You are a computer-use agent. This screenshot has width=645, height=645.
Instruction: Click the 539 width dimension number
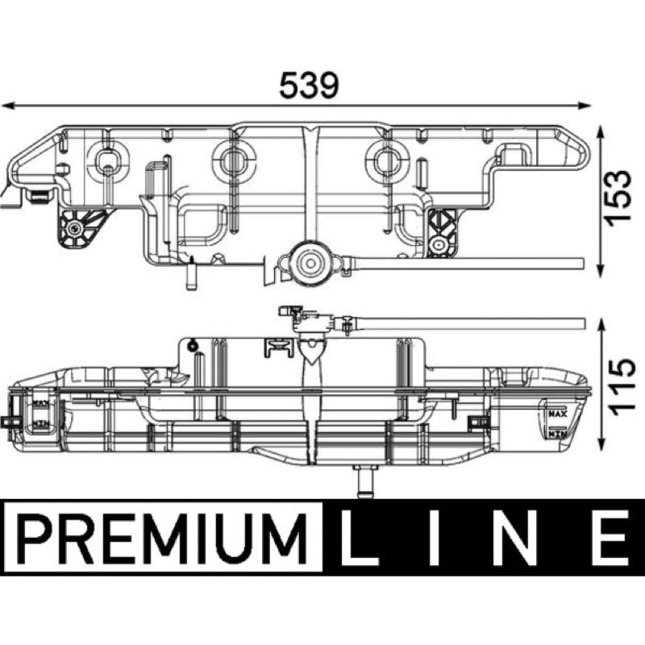coord(309,85)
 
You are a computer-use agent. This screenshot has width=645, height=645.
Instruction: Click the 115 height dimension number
coord(619,388)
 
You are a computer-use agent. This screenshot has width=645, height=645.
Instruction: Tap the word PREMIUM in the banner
coord(163,538)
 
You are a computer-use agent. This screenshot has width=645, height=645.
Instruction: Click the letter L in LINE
coord(358,538)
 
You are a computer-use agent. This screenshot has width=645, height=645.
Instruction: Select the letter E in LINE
coord(610,538)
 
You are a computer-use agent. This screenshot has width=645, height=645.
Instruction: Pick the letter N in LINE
coord(517,538)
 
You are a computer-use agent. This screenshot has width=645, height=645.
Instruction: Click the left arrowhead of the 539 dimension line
coord(8,106)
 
